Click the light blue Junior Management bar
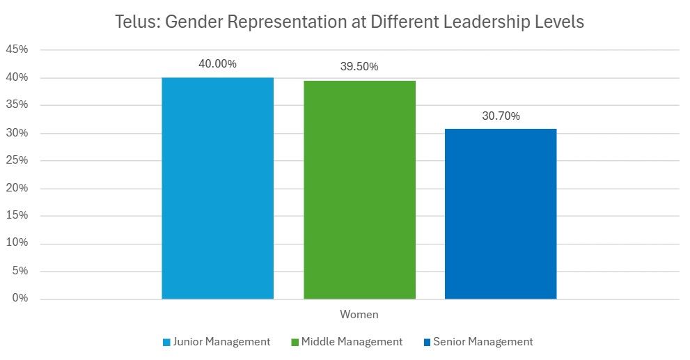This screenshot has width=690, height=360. click(217, 188)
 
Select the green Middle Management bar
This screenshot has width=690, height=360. click(359, 189)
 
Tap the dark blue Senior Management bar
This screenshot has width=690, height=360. click(501, 214)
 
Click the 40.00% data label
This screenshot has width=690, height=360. click(217, 64)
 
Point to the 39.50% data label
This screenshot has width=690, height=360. click(359, 67)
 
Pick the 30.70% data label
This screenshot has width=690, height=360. click(501, 116)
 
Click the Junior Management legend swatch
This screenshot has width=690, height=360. click(166, 342)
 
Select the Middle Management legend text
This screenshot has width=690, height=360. click(352, 342)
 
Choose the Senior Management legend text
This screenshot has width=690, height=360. click(483, 342)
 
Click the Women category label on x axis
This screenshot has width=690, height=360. click(359, 315)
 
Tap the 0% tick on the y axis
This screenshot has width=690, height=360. click(19, 299)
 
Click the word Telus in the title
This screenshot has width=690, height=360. click(136, 22)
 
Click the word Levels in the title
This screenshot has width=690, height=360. click(562, 22)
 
